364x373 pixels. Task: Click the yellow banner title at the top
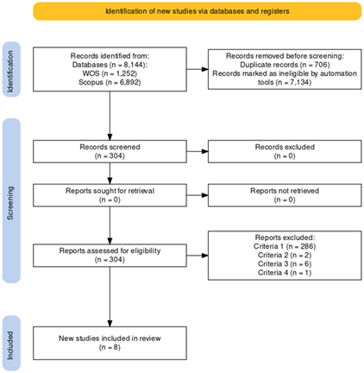tap(198, 11)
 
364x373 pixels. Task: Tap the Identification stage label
tap(10, 71)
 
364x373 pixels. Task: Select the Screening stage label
tap(10, 203)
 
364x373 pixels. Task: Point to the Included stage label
tap(10, 345)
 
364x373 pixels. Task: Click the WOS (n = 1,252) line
tap(110, 73)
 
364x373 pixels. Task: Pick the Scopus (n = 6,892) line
tap(110, 82)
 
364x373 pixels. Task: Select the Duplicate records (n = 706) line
tap(285, 65)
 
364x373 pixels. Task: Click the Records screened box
tap(110, 151)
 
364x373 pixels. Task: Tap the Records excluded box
tap(285, 151)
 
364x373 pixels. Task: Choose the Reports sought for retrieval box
tap(110, 195)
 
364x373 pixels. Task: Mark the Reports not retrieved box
tap(285, 195)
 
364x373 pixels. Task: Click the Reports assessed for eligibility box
tap(110, 256)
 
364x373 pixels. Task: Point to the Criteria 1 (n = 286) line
tap(285, 246)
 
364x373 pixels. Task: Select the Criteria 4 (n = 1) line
tap(285, 273)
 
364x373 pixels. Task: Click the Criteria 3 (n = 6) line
tap(285, 264)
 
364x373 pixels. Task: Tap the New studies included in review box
tap(110, 343)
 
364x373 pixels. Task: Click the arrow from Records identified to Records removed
tap(198, 69)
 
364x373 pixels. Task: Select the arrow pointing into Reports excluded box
tap(198, 256)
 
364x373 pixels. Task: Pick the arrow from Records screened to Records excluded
tap(198, 151)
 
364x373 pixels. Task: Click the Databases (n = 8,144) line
tap(110, 65)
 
